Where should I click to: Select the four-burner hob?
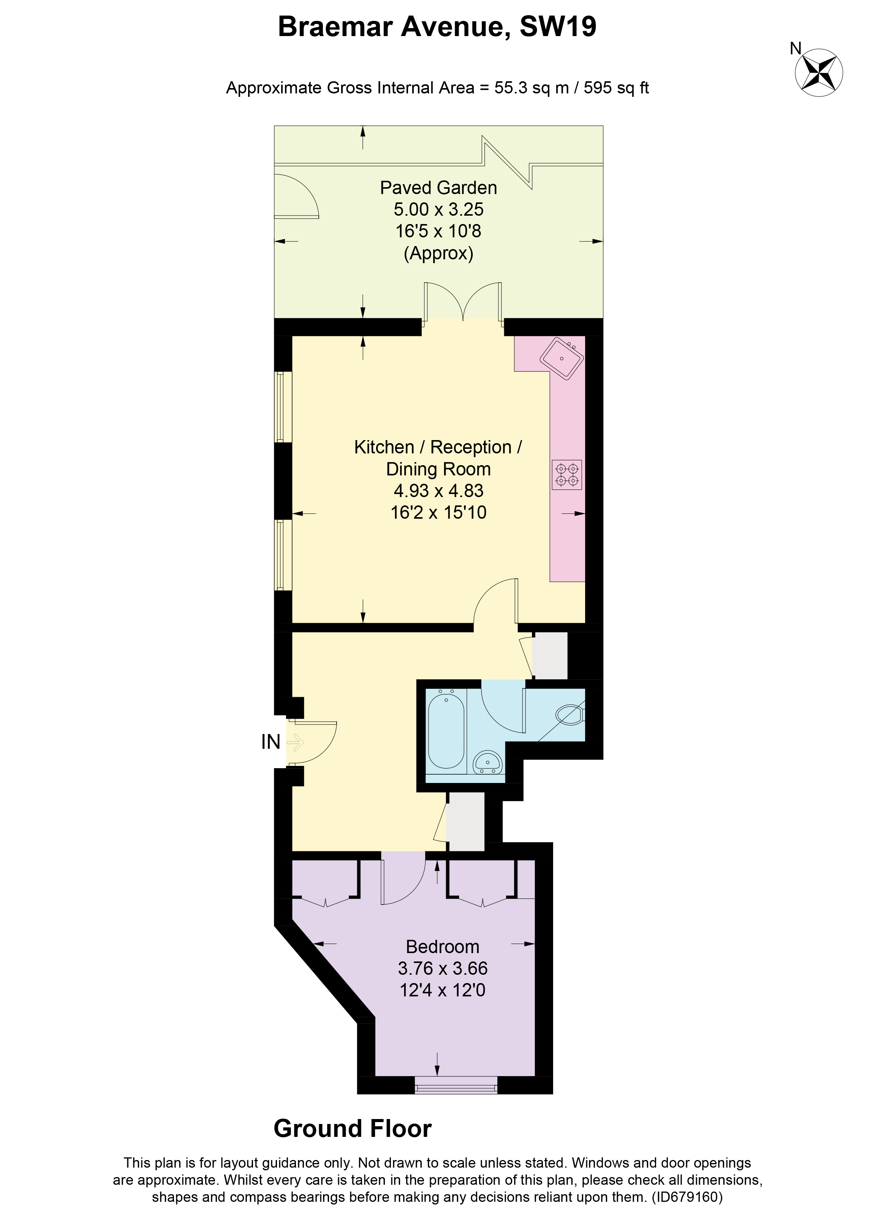[x=567, y=474]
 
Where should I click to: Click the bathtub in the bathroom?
[x=446, y=731]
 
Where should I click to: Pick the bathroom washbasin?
[x=487, y=762]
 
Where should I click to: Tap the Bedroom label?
[x=442, y=947]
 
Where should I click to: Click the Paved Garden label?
[x=438, y=188]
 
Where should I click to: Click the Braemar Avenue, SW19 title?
[x=437, y=27]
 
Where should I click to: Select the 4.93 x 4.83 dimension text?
[x=438, y=491]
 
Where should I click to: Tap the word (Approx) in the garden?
[x=438, y=253]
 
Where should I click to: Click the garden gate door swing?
[x=297, y=196]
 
